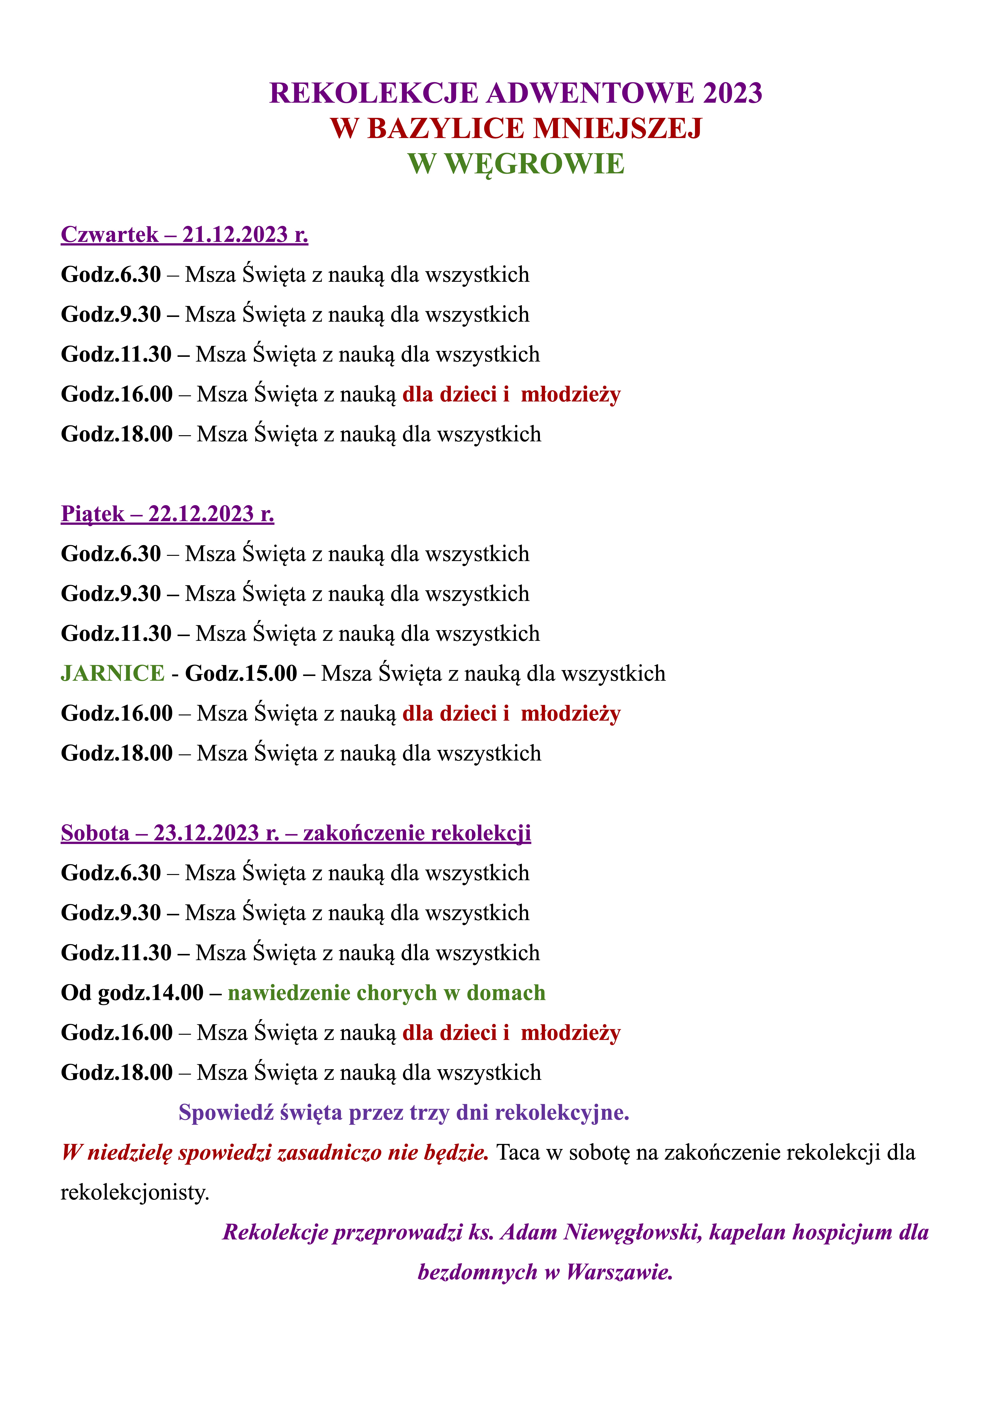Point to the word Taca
[x=517, y=1152]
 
